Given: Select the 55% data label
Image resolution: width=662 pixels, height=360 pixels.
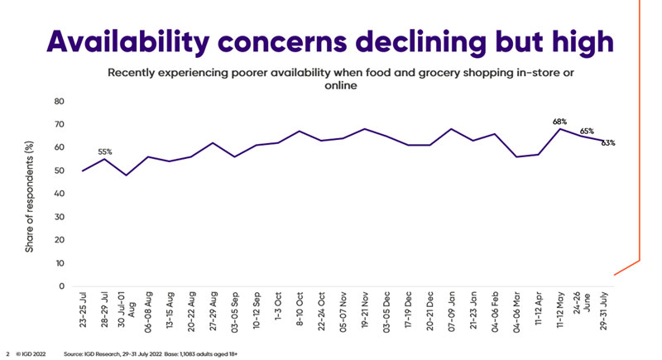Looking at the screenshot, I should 106,151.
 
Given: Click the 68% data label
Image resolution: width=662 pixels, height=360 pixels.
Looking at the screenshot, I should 560,122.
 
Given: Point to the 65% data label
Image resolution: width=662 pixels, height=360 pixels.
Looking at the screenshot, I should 587,131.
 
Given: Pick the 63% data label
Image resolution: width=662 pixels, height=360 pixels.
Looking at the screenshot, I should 608,143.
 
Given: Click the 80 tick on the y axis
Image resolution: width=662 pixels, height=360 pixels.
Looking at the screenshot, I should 59,102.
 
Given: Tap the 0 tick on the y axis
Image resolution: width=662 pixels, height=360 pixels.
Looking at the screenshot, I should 61,286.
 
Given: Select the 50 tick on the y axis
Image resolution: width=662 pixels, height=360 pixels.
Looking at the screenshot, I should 59,171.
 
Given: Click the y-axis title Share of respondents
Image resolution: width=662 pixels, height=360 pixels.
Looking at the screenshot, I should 31,194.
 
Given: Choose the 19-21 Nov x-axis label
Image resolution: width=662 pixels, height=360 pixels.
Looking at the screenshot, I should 365,310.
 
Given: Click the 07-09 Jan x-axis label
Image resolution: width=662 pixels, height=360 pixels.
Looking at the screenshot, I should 451,310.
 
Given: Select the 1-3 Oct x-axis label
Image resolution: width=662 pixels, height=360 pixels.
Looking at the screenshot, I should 278,308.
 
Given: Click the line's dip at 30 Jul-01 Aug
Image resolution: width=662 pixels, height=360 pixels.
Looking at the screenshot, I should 127,175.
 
